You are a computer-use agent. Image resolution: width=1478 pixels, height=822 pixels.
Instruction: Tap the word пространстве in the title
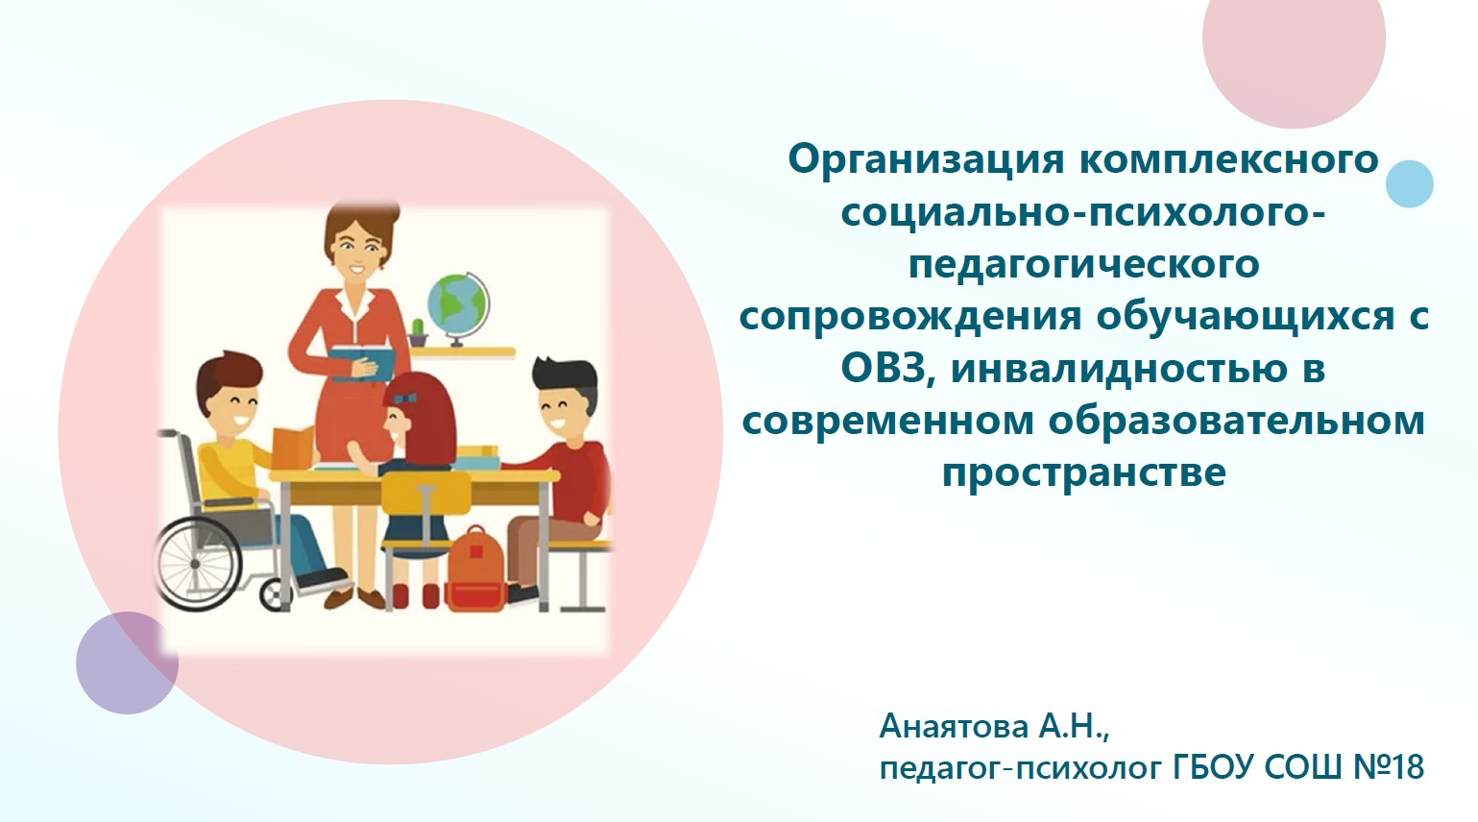tap(1084, 472)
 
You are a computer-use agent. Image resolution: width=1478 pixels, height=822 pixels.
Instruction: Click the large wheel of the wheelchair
tap(198, 564)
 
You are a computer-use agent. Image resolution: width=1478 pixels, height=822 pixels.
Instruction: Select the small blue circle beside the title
tap(1410, 184)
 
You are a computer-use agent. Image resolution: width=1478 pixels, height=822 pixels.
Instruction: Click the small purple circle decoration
tap(128, 663)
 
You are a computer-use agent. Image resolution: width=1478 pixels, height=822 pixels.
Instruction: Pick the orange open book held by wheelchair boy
tap(293, 448)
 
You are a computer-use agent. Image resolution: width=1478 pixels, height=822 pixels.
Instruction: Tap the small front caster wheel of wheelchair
tap(273, 595)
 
